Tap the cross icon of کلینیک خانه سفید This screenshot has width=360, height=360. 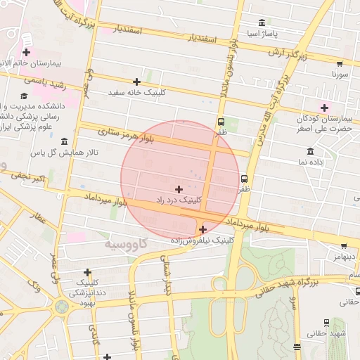136,82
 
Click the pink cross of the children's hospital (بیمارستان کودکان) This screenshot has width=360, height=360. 324,108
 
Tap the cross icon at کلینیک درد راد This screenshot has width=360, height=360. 179,189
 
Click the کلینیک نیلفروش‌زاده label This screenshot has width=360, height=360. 202,240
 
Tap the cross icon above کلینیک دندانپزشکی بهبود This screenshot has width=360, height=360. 87,272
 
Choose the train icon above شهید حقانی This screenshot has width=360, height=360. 327,323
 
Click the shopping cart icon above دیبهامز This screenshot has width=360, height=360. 343,246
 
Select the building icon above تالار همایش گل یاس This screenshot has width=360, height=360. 64,141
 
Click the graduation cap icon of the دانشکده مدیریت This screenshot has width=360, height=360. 24,96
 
